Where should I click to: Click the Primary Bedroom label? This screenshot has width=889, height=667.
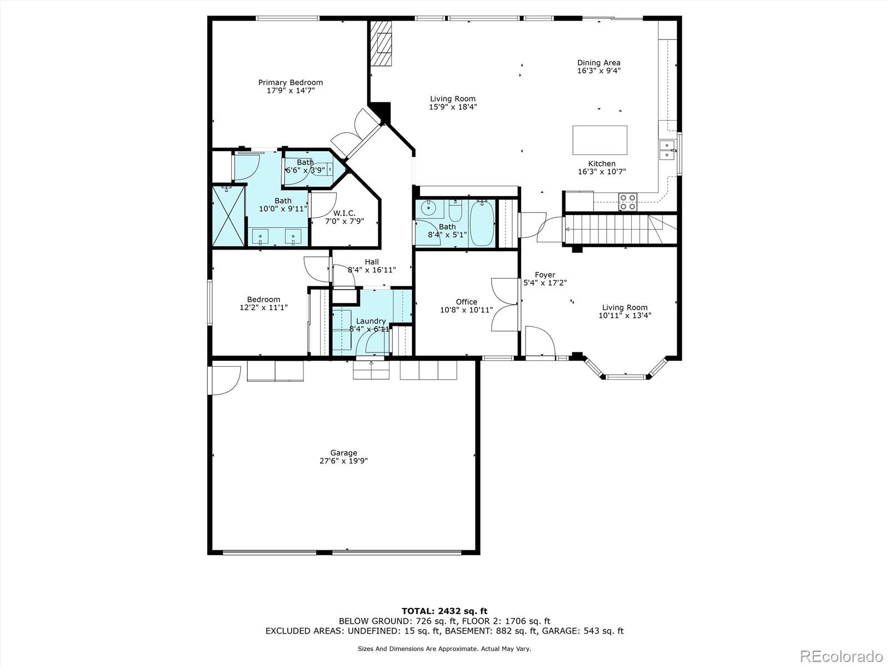point(290,82)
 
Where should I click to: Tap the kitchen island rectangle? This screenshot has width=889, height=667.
point(600,140)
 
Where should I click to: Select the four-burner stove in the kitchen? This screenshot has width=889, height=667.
point(628,201)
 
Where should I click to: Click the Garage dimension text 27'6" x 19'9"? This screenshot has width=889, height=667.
point(343,461)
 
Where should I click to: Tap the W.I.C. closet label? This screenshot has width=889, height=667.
point(344,213)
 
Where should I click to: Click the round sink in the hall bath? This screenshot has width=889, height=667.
point(428,208)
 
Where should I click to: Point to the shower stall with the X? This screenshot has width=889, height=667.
point(228,217)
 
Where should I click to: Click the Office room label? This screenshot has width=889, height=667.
point(466,302)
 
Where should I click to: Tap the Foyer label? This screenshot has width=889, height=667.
point(545,275)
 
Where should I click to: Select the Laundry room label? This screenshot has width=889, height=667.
point(371,321)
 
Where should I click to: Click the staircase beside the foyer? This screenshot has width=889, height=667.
point(611,228)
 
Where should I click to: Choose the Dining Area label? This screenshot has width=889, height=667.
point(598,63)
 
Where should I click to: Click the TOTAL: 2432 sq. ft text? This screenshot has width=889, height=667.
point(444,611)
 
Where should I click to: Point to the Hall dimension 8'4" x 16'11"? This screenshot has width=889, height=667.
point(372,270)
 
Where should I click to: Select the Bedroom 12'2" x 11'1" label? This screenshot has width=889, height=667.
point(263,303)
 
